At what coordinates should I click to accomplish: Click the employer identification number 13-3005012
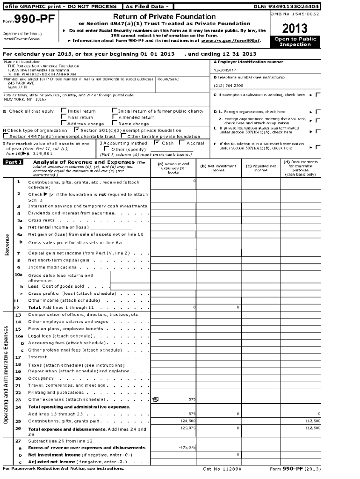click(225, 70)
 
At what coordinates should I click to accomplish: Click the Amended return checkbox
click(115, 117)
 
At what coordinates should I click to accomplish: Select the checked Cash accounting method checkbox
click(157, 143)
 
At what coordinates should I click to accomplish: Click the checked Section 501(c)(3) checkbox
click(77, 130)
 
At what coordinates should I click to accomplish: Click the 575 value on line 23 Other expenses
click(192, 399)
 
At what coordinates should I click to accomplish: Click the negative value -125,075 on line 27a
click(187, 447)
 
